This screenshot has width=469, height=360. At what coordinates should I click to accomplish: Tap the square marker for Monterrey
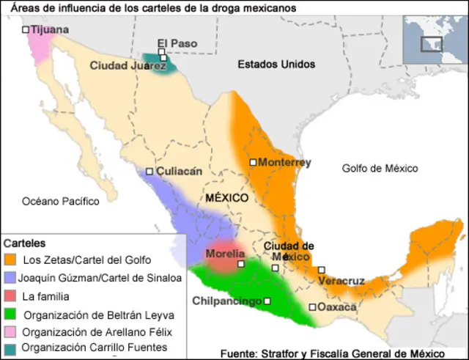253,162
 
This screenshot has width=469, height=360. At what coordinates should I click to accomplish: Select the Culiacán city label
178,172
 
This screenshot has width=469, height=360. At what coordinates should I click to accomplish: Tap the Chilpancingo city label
227,301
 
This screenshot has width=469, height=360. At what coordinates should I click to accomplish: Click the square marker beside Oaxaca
312,307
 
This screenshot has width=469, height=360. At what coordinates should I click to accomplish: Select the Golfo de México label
380,169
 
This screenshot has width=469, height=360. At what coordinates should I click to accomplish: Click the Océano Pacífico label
60,201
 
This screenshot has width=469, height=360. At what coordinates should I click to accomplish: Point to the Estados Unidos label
276,65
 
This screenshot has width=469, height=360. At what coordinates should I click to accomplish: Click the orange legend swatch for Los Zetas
10,260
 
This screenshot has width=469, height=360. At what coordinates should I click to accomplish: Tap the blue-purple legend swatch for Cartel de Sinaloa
10,278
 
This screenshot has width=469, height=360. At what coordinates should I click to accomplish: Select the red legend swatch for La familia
10,296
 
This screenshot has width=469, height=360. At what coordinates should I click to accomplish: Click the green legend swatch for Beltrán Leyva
10,315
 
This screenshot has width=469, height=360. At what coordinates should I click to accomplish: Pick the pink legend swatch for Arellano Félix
10,331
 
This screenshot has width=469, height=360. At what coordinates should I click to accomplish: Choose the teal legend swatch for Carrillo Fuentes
10,348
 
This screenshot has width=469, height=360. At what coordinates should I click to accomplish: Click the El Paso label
177,44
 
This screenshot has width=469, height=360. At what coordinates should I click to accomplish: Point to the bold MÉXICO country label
227,198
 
